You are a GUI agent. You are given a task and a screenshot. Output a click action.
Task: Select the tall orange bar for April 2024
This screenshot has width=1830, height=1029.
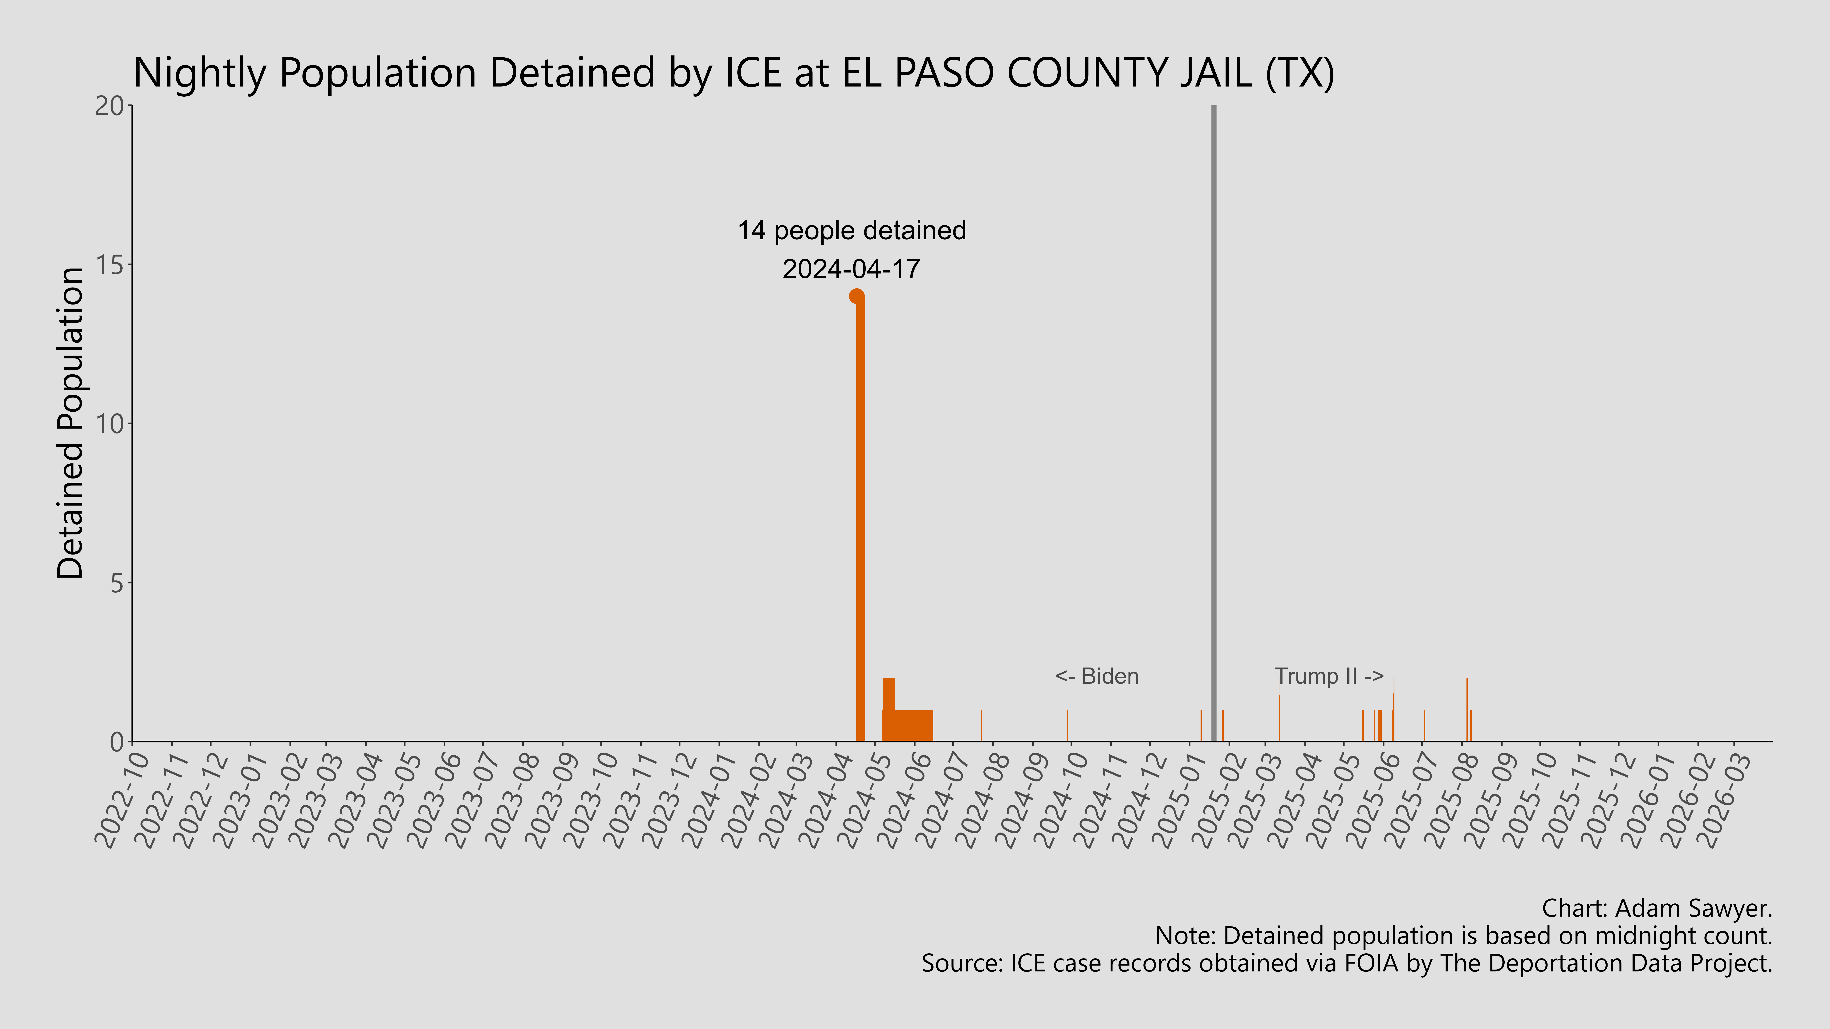[860, 518]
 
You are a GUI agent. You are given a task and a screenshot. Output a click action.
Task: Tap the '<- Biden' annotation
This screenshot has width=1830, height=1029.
[1096, 676]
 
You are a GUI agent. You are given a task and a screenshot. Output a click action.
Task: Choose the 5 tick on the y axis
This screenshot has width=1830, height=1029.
[117, 583]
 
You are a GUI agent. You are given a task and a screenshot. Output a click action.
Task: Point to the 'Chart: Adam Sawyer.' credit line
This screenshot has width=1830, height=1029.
[1657, 908]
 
